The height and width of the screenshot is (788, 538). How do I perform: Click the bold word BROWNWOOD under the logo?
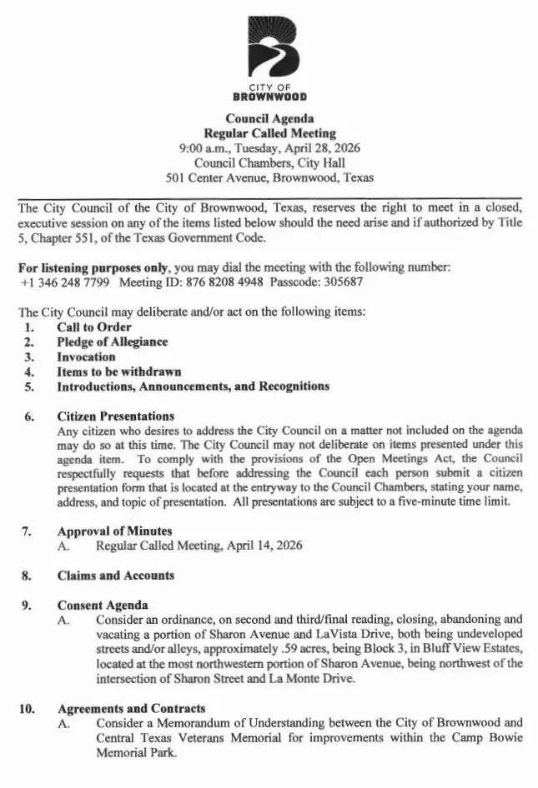(x=270, y=96)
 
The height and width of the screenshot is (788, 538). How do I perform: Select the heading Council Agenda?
(x=270, y=118)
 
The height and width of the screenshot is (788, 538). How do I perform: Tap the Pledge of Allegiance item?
(x=112, y=342)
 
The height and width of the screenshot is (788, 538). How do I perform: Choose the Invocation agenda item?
(x=86, y=357)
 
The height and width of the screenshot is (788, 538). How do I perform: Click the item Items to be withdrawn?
(x=118, y=372)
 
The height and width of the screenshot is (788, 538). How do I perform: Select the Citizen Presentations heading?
(x=115, y=416)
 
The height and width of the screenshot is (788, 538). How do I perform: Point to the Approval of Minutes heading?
(x=114, y=531)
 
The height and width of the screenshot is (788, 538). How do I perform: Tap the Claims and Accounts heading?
(x=115, y=575)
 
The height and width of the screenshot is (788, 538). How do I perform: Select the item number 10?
(x=26, y=708)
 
